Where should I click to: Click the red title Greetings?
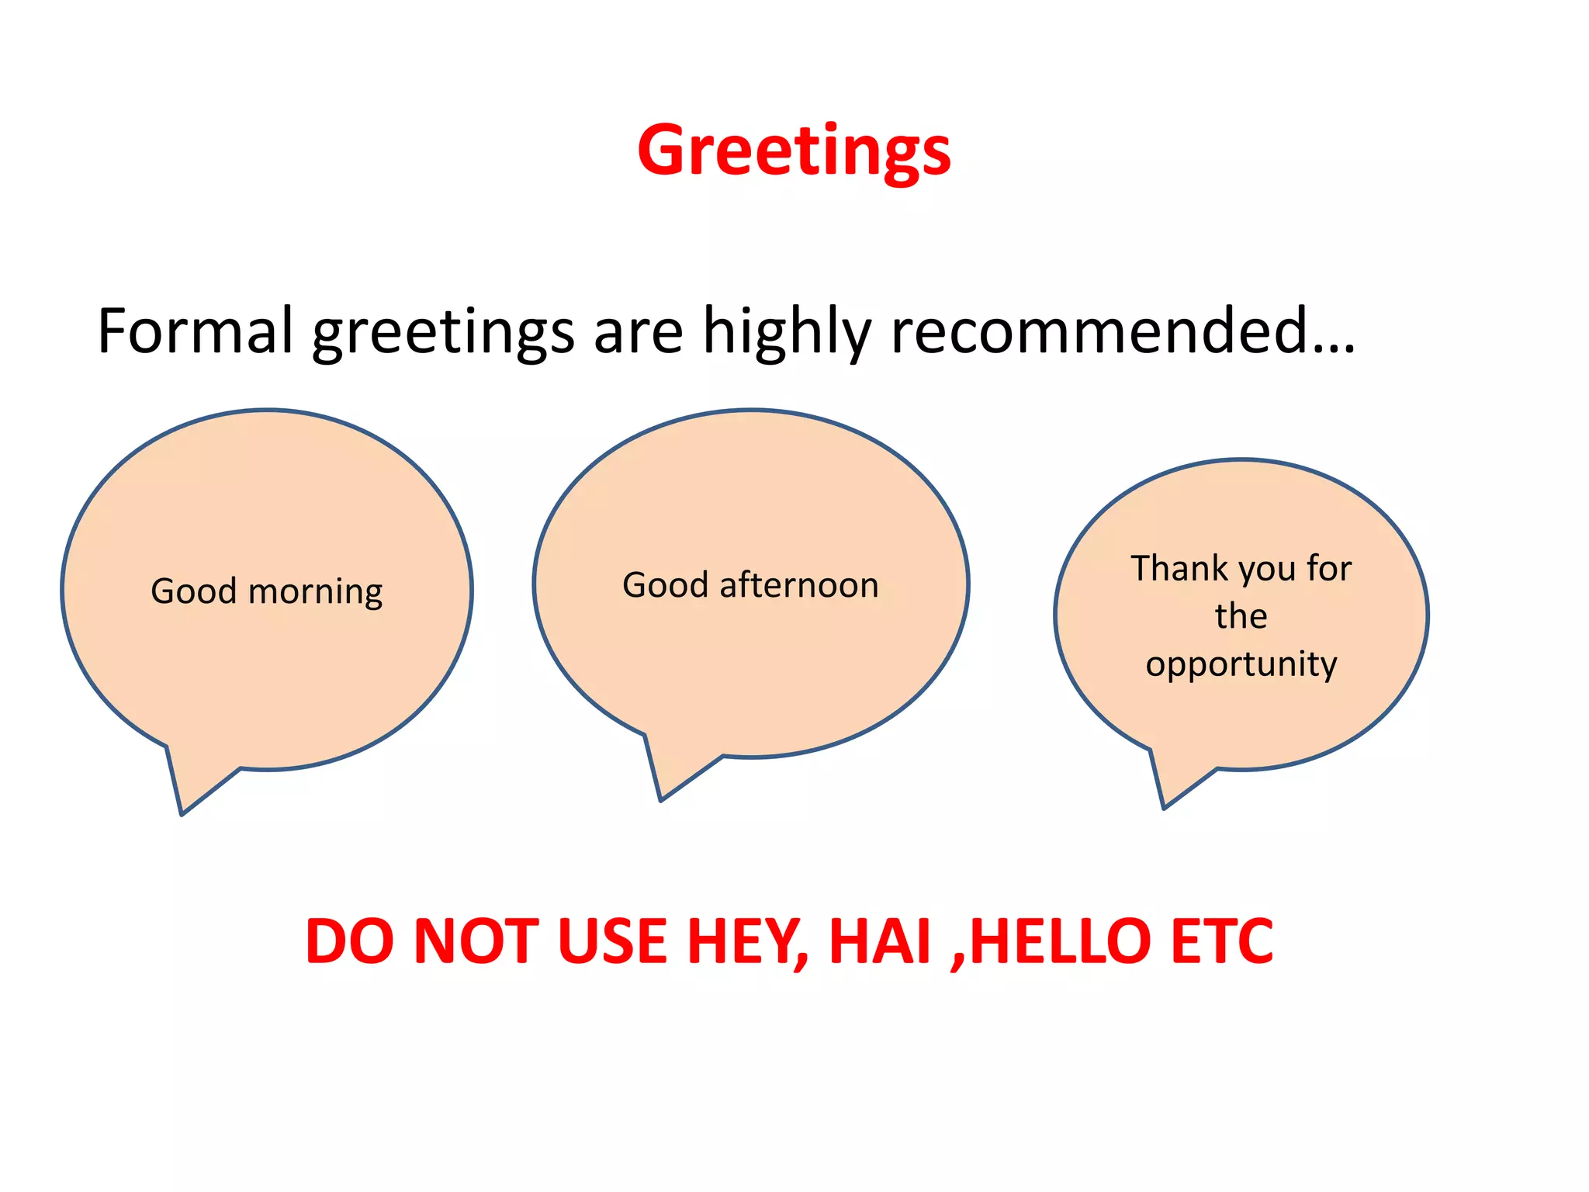794,151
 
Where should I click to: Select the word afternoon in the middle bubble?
799,585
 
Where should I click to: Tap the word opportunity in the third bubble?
1241,665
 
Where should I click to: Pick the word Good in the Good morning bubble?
193,591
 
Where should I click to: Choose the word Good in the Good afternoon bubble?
666,585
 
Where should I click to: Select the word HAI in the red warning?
880,942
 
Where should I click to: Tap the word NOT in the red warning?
476,942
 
